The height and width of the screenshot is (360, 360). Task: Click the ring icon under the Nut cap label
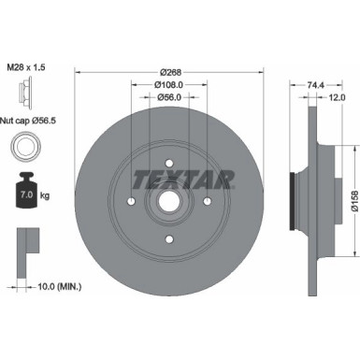point(25,147)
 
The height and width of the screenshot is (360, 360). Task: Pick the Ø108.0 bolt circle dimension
point(168,83)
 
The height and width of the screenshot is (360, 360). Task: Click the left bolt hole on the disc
point(131,202)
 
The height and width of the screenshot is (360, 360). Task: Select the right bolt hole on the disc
point(206,202)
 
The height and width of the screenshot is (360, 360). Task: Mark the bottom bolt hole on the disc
point(168,239)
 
